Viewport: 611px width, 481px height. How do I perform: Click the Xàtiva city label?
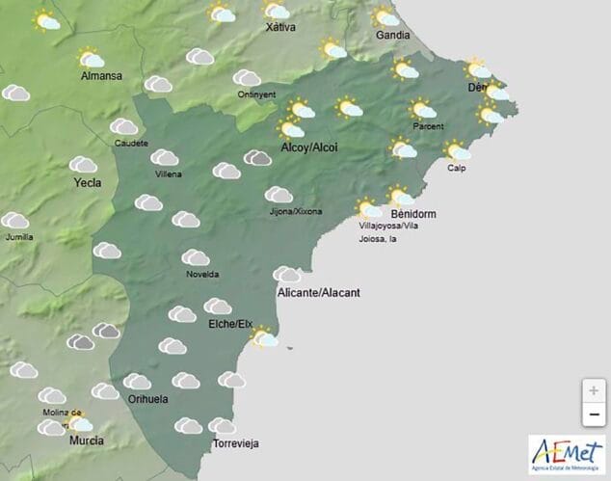pyautogui.click(x=279, y=28)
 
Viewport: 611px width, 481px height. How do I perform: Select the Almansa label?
pyautogui.click(x=100, y=76)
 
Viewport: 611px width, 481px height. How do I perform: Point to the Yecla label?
pyautogui.click(x=86, y=181)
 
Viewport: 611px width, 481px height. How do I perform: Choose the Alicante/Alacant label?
pyautogui.click(x=318, y=292)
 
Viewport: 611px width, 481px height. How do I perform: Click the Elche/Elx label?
pyautogui.click(x=230, y=324)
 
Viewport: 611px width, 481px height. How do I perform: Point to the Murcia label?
pyautogui.click(x=87, y=441)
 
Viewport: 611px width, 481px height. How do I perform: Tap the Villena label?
pyautogui.click(x=168, y=174)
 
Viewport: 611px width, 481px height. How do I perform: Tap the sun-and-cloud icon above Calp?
pyautogui.click(x=457, y=149)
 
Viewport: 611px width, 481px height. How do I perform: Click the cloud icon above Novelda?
pyautogui.click(x=196, y=257)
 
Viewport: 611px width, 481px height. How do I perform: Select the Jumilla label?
pyautogui.click(x=18, y=236)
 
